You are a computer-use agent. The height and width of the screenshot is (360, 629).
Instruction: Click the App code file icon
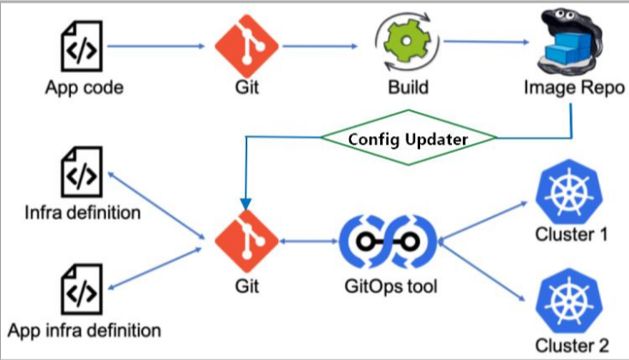click(x=83, y=47)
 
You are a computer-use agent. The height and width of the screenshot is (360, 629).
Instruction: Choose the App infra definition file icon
click(x=83, y=291)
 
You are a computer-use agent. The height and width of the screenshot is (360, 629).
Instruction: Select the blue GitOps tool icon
click(x=388, y=243)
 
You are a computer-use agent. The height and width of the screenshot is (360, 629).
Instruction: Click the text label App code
click(x=83, y=88)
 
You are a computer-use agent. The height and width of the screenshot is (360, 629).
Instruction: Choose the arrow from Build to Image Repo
click(x=484, y=41)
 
